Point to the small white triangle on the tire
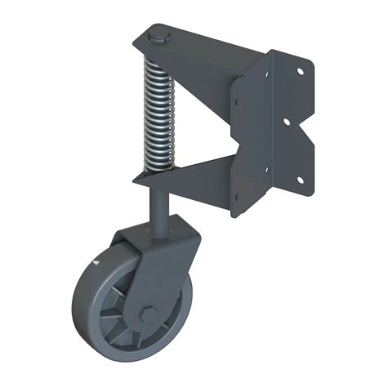point(96,264)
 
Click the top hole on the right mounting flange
point(300,73)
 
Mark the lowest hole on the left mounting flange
point(238,196)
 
